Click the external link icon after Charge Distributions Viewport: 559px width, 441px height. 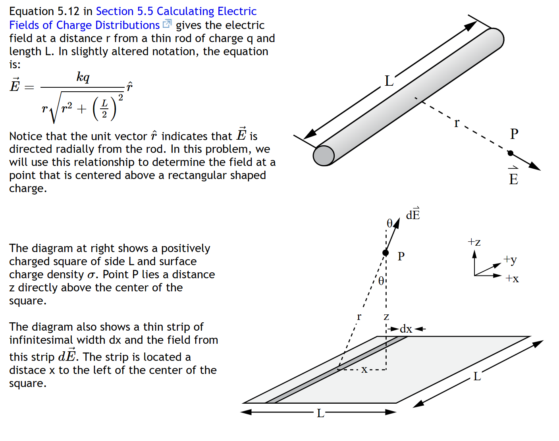(x=167, y=24)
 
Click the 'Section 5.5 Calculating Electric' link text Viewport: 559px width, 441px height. (x=176, y=11)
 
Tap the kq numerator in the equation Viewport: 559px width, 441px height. (x=83, y=77)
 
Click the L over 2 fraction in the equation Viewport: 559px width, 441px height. (x=104, y=109)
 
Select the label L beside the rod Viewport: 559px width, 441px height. (x=389, y=81)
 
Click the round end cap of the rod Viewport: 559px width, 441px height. (x=324, y=156)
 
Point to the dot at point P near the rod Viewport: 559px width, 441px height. (x=511, y=153)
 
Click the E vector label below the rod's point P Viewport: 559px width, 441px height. (x=513, y=177)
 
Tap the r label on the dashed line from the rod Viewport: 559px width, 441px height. (x=457, y=123)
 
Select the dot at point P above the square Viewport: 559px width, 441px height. (x=386, y=253)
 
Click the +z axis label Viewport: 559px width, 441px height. (x=474, y=242)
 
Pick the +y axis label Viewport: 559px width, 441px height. (x=510, y=260)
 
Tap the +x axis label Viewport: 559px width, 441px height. (x=512, y=279)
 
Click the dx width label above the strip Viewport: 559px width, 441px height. (x=406, y=329)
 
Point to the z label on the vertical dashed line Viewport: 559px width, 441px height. (x=386, y=316)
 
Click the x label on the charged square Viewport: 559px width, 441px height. (x=364, y=370)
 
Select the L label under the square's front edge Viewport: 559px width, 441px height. (x=320, y=414)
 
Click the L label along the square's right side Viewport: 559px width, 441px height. (x=477, y=376)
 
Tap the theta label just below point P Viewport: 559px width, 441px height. (x=381, y=281)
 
